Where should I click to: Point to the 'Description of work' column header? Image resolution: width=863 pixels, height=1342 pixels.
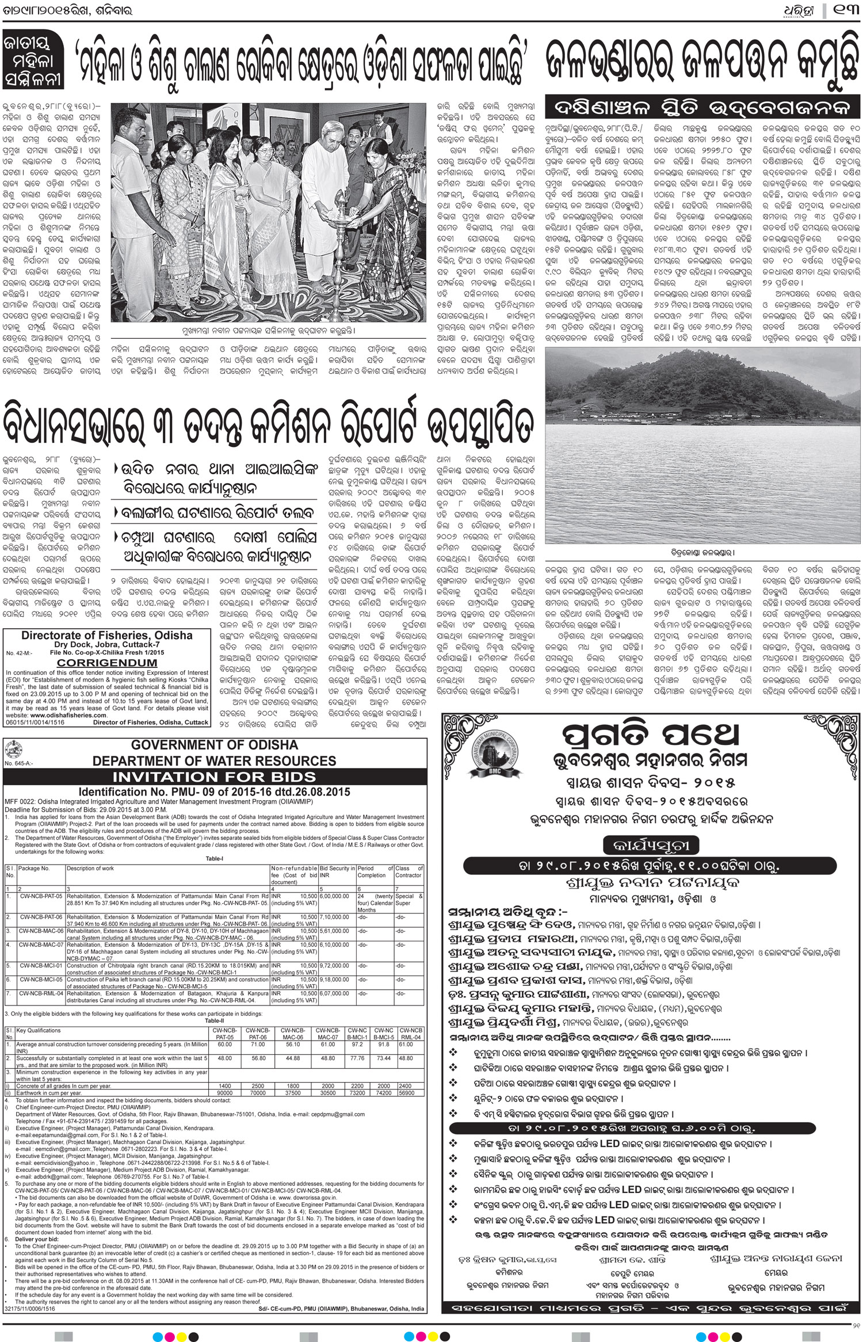click(x=91, y=868)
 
